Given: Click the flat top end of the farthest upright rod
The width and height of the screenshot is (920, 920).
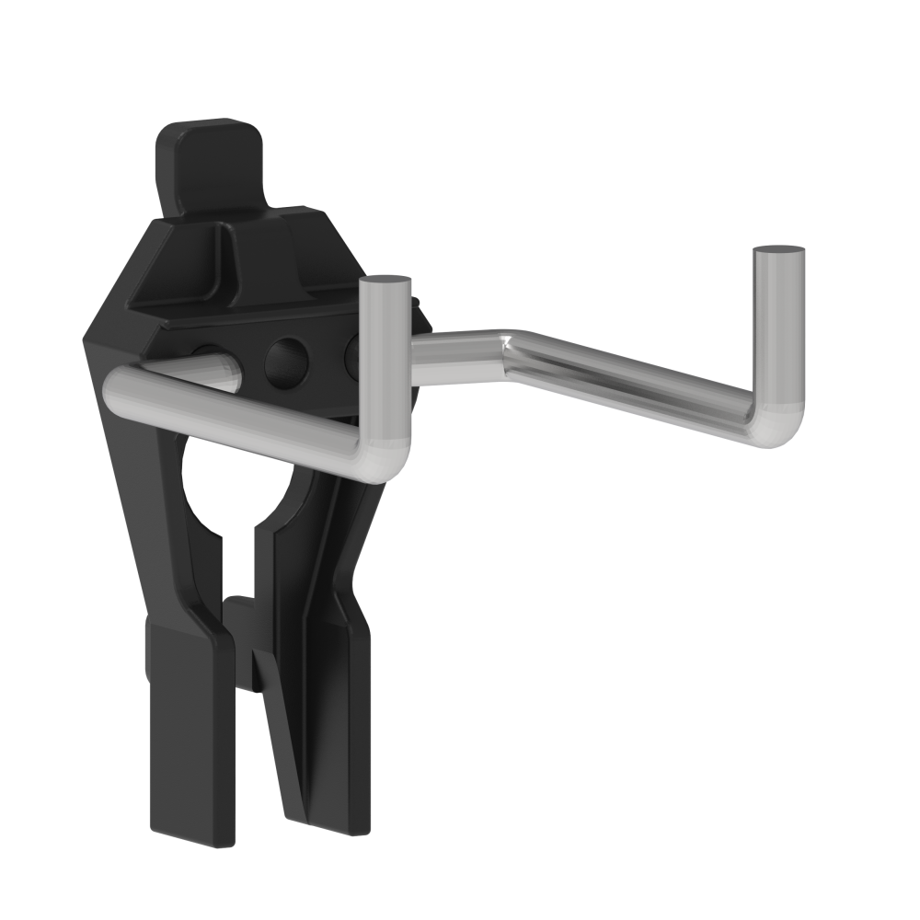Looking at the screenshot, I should click(x=778, y=249).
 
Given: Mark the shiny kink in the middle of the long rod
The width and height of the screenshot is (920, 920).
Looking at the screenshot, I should click(x=508, y=347).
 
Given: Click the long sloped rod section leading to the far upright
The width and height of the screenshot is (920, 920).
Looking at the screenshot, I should click(x=635, y=391).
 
